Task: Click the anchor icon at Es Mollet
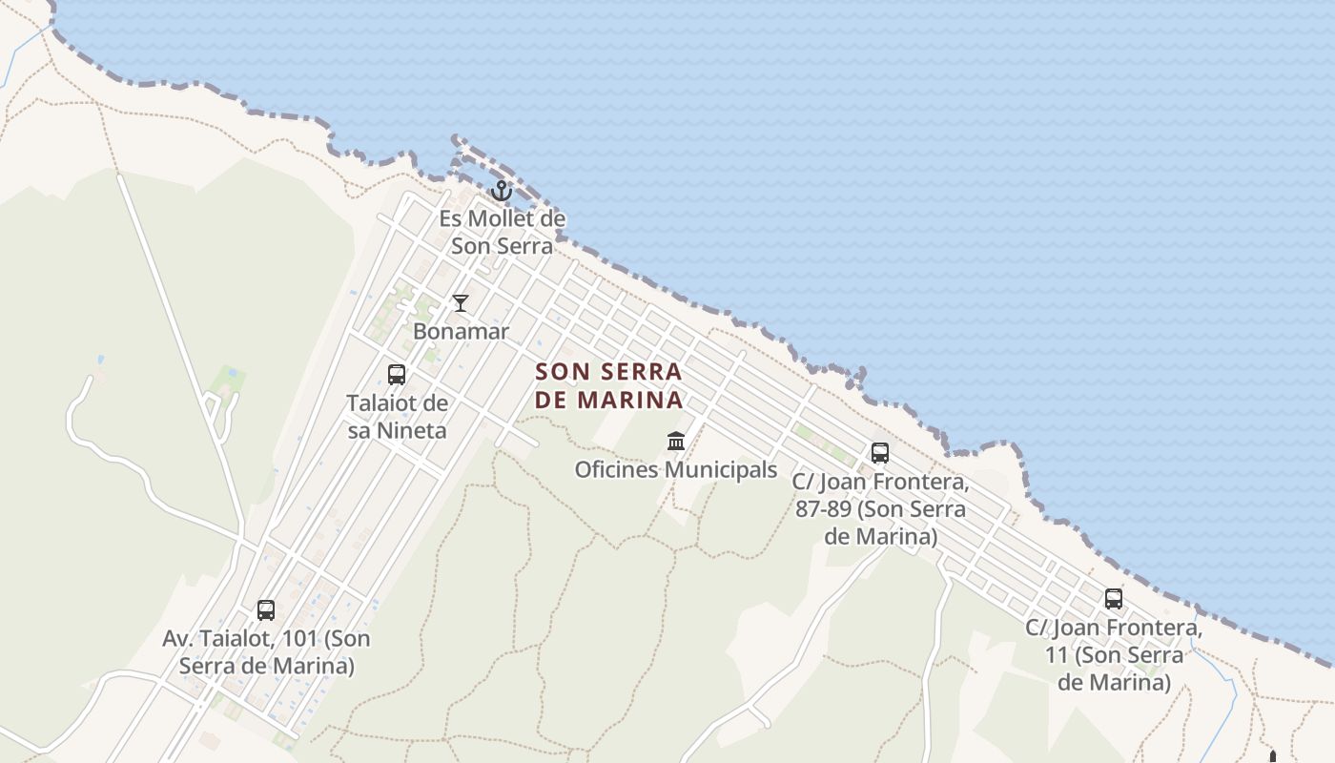[502, 191]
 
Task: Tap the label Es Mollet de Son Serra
[502, 232]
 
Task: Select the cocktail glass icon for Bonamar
[461, 303]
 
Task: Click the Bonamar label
[461, 332]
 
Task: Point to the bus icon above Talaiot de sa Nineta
[397, 375]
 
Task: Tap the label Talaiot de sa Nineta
[397, 417]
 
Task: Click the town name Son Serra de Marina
[608, 385]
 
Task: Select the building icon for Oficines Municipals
[676, 441]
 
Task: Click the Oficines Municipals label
[676, 470]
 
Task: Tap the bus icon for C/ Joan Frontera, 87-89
[880, 453]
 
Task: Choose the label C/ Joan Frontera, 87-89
[880, 509]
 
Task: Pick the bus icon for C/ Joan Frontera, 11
[1114, 599]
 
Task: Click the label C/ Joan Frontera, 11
[1114, 655]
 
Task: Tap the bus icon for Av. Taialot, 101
[266, 609]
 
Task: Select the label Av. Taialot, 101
[266, 651]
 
